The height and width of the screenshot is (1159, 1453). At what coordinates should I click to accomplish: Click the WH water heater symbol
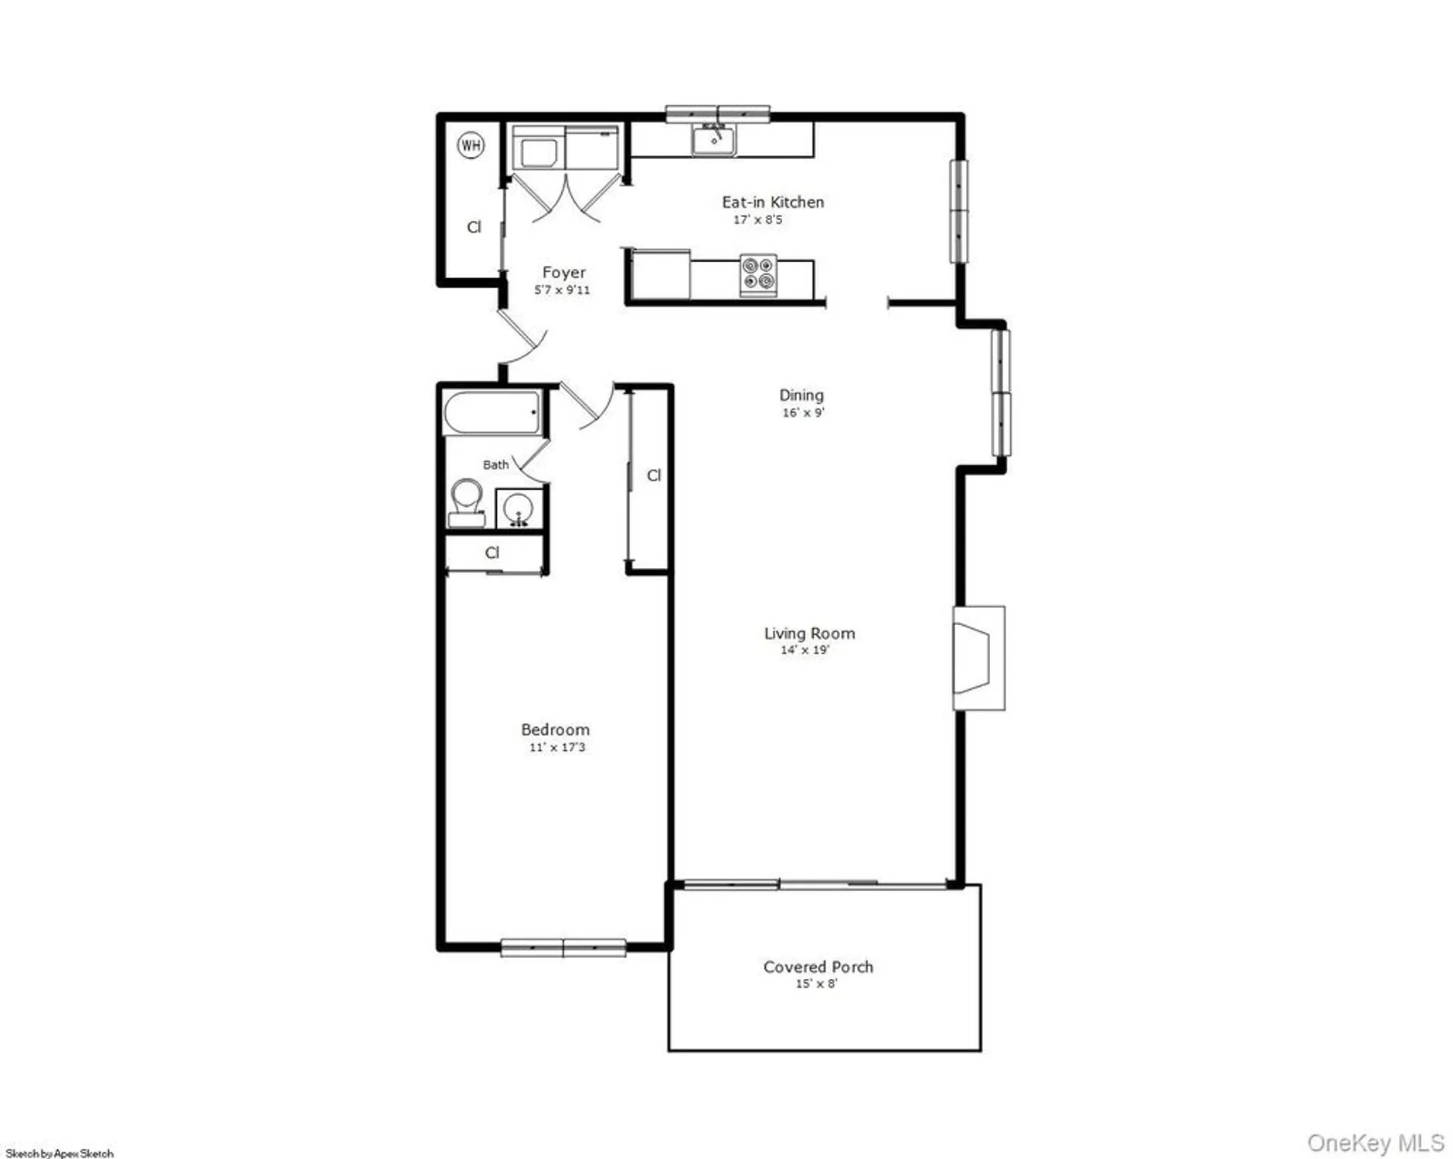point(471,144)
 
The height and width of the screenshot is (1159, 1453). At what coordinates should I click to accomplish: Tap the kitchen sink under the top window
point(714,141)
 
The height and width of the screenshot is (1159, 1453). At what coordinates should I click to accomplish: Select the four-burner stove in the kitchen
point(757,274)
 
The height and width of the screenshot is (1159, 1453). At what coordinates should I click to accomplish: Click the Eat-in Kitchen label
point(773,202)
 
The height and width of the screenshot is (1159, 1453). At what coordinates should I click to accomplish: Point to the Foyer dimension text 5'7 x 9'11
point(562,290)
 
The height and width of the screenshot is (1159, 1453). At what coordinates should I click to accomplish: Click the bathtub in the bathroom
point(492,413)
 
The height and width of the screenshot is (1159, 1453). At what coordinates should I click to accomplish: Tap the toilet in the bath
point(466,502)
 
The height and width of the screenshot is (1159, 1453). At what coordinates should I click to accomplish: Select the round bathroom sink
point(517,509)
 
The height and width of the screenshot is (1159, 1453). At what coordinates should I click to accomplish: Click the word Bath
point(495,464)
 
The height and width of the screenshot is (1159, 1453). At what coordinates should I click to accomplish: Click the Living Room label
point(809,633)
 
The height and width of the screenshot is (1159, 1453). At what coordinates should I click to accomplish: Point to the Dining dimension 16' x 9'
point(803,413)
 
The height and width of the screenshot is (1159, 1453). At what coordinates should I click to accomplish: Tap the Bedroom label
point(555,729)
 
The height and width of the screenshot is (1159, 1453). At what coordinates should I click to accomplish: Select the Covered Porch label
point(818,967)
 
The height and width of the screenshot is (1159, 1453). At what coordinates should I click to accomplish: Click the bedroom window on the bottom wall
point(563,947)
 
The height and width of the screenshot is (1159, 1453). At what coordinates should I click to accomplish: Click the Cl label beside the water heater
point(474,226)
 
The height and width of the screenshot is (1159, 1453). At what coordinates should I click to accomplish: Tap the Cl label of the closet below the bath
point(492,552)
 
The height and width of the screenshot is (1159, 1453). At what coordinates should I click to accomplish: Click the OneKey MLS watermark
point(1375,1142)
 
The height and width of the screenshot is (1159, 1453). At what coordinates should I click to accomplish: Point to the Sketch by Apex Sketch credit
point(60,1154)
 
